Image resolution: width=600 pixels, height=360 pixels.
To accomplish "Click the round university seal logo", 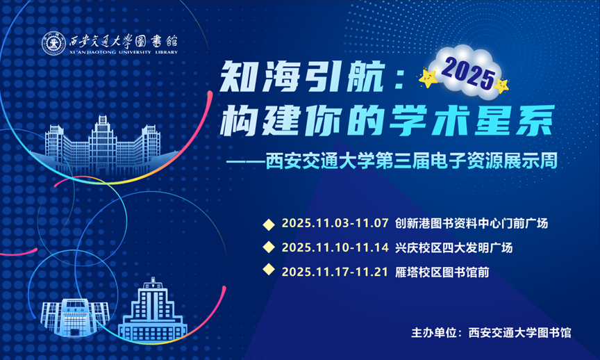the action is click(53, 43).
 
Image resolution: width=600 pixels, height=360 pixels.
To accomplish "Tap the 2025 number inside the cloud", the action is click(468, 74).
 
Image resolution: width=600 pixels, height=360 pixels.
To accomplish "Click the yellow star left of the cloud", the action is click(428, 78).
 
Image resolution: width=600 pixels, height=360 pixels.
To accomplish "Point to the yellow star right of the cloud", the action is click(501, 85).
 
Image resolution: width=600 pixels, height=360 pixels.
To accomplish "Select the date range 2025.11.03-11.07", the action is click(335, 223).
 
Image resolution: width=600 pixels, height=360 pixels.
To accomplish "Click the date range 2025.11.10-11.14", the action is click(335, 248).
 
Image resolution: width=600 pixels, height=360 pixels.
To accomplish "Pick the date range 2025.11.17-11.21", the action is click(335, 272).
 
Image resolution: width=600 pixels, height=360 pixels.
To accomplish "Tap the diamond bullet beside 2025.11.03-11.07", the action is click(269, 224).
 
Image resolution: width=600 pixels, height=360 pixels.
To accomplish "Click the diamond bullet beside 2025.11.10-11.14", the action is click(269, 247).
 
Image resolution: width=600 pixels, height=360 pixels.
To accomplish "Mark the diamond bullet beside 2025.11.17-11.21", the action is click(269, 270).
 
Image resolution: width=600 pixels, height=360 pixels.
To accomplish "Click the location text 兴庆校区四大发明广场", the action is click(453, 248).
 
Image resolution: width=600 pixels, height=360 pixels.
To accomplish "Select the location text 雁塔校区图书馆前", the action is click(442, 272).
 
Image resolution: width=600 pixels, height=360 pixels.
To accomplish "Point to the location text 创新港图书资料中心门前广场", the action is click(471, 223).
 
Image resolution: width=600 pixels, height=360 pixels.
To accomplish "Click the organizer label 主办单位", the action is click(434, 332).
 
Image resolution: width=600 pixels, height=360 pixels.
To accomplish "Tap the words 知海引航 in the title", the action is click(302, 76).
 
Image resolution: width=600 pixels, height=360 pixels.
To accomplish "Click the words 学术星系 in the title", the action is click(472, 121).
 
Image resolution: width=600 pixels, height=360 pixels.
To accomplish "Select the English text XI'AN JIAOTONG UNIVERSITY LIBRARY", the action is click(124, 52).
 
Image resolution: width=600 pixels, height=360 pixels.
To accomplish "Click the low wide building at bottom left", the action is click(74, 318).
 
